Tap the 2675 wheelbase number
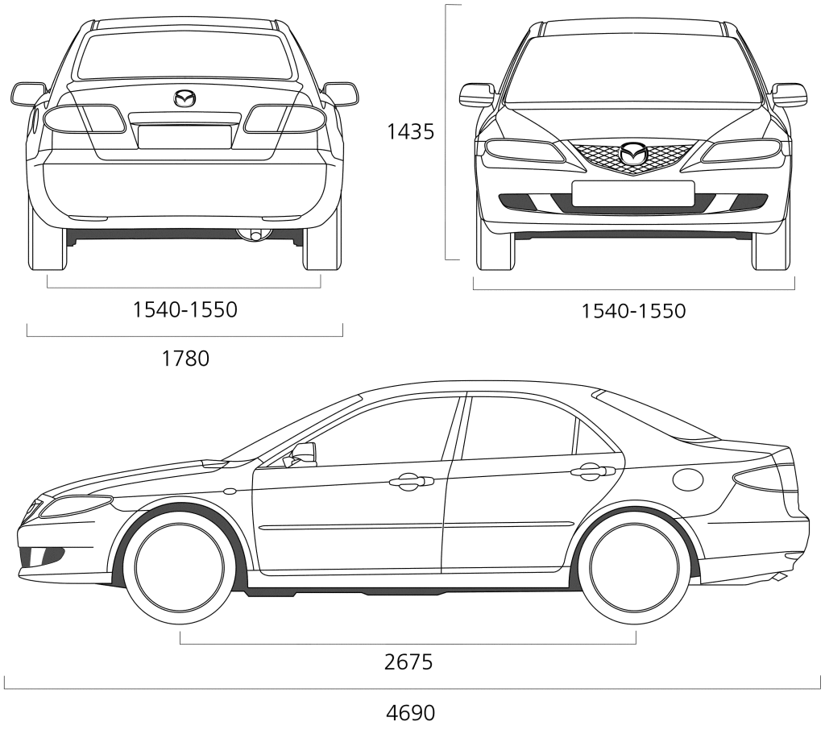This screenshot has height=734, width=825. click(408, 662)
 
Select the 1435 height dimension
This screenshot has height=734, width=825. click(410, 131)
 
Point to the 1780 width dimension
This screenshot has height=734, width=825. click(185, 359)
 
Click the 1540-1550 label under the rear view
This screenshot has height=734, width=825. click(184, 309)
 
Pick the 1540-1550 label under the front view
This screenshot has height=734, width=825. click(633, 311)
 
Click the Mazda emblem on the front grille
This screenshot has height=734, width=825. click(632, 153)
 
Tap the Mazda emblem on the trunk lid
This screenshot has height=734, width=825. click(184, 98)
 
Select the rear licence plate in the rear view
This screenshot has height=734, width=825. click(184, 136)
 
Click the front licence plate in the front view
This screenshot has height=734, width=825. click(633, 193)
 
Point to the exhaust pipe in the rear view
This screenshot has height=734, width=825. click(255, 234)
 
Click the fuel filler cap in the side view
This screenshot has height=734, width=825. click(688, 479)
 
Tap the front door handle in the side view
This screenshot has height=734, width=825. click(412, 480)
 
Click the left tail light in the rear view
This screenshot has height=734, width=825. click(84, 119)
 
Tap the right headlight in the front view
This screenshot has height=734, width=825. click(741, 151)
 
